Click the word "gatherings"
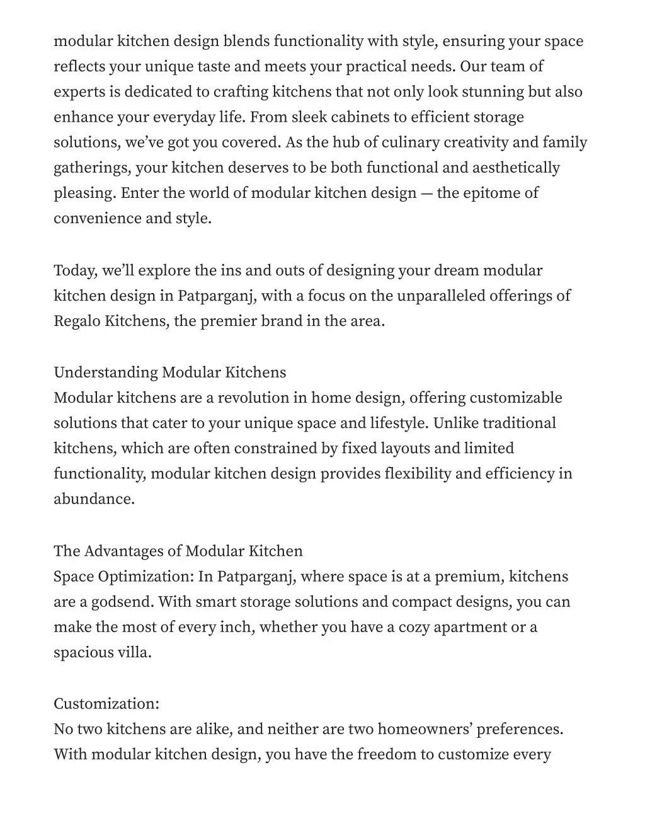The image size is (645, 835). coord(92,168)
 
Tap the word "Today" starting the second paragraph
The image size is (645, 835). coord(74,271)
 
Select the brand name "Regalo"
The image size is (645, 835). coord(77,321)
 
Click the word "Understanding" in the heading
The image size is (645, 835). coord(105,372)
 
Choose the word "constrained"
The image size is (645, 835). coord(276,449)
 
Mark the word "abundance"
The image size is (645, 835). coord(94,499)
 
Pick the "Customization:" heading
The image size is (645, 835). coord(106,704)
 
